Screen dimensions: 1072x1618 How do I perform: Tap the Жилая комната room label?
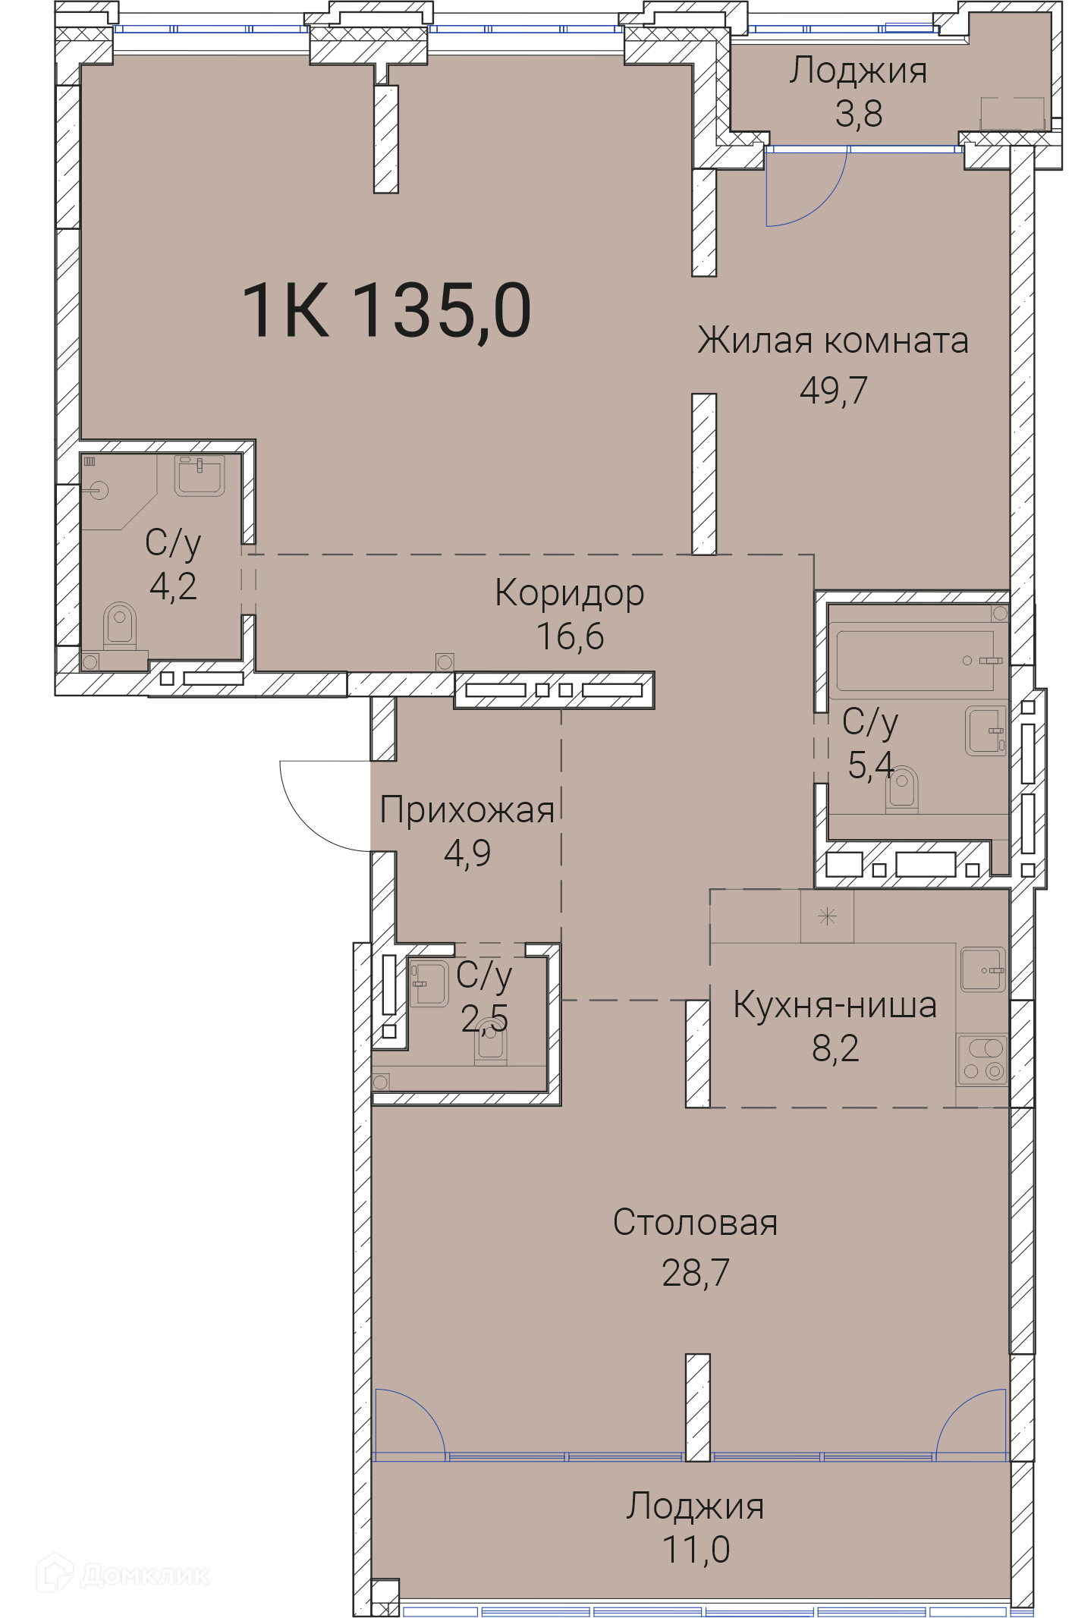833,341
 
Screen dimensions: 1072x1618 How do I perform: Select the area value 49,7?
834,390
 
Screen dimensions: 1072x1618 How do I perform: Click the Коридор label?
569,594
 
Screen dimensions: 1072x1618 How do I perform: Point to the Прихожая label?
467,809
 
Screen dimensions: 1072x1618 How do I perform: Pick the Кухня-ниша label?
835,1005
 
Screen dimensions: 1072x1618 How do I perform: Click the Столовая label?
695,1223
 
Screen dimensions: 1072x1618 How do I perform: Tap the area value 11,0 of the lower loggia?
696,1549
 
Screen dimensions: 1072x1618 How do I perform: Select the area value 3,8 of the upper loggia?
859,114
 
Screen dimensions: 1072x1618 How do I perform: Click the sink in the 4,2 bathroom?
200,476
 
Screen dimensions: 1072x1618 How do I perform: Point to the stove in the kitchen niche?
982,1059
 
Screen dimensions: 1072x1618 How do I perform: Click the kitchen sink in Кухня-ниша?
983,969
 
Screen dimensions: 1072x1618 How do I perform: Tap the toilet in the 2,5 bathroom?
491,1045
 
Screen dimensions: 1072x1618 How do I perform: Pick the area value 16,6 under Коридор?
570,636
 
